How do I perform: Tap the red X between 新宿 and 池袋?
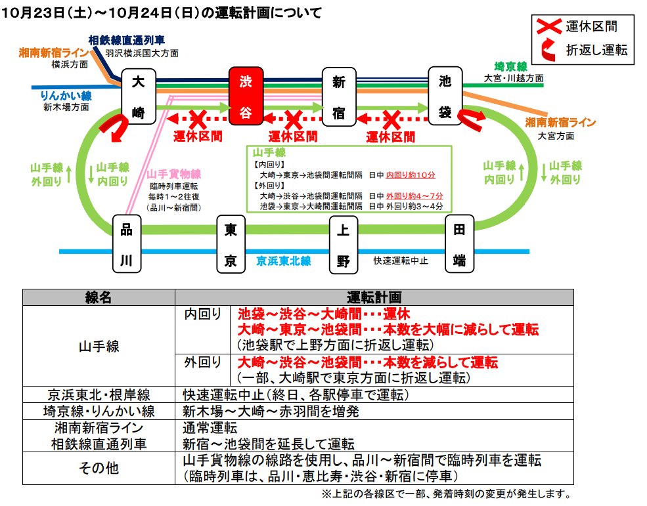pos(391,119)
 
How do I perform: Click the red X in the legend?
pos(548,27)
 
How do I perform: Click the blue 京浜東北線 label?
pos(284,261)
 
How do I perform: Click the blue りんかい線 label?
pos(66,96)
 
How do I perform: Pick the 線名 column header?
pos(99,297)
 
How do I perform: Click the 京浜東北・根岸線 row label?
pos(99,395)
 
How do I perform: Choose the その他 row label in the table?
pos(99,468)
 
